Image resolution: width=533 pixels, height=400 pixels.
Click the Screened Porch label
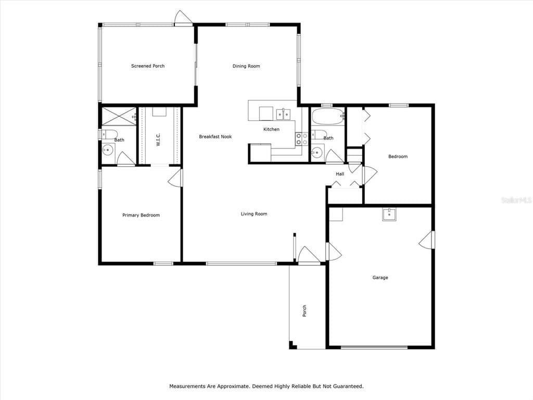coord(148,66)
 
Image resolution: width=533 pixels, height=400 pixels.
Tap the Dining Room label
coord(246,66)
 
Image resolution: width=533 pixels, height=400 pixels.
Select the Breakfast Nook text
coord(215,136)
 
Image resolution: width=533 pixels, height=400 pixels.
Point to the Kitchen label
coord(271,129)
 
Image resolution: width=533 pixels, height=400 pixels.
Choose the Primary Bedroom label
coord(141,215)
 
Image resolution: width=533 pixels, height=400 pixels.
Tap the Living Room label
coord(254,214)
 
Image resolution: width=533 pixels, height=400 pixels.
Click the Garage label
coord(380,278)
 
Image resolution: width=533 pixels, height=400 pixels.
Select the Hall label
coord(340,174)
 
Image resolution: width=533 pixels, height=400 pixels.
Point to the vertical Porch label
coord(305,310)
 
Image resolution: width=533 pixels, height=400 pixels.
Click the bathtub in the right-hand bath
coord(328,116)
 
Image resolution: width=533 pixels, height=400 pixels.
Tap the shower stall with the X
coord(119,116)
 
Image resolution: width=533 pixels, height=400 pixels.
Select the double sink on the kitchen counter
coord(283,113)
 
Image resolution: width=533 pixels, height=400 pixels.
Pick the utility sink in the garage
coord(389,214)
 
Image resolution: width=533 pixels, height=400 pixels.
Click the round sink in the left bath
coord(108,151)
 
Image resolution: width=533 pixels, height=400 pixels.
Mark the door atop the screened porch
coord(183,20)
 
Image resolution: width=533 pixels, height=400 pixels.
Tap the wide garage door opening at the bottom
coord(374,347)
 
